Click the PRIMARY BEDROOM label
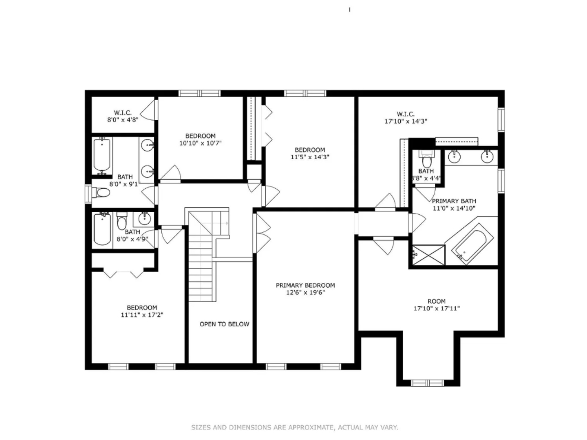point(305,285)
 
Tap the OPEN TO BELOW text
point(224,324)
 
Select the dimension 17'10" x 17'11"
point(437,309)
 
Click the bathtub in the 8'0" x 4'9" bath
point(102,229)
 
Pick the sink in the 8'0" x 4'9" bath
point(145,219)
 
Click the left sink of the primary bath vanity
point(455,156)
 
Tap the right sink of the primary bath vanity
point(487,156)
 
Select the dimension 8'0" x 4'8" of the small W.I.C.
point(123,120)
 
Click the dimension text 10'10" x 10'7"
point(200,143)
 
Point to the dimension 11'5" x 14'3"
point(310,157)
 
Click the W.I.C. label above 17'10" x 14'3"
point(406,114)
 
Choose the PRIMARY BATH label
point(454,201)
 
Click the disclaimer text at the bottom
point(294,427)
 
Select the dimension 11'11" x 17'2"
point(142,315)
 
